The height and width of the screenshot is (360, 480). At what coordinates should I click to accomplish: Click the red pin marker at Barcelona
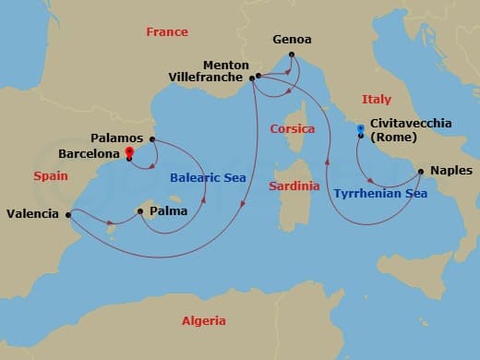tap(129, 151)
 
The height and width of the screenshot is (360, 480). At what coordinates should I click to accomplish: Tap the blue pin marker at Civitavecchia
tap(360, 130)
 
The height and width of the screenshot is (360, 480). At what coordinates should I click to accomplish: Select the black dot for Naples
tap(421, 171)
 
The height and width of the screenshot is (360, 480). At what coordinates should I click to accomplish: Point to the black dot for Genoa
tap(292, 54)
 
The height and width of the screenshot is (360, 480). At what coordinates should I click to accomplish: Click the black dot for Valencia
tap(69, 215)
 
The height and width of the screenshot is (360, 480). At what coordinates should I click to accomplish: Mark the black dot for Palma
tap(139, 211)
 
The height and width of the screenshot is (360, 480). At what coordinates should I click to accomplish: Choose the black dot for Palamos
tap(152, 139)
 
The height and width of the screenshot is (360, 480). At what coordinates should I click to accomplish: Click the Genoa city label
tap(293, 41)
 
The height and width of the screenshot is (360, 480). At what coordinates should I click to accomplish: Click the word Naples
tap(451, 171)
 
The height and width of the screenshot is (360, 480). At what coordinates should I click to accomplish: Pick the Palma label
tap(167, 211)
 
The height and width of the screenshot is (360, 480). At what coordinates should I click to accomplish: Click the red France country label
tap(167, 32)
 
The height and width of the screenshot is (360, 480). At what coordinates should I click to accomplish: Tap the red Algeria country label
tap(202, 320)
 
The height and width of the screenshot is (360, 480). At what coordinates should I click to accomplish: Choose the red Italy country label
tap(377, 99)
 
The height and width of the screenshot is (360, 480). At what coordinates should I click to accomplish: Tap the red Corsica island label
tap(293, 129)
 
